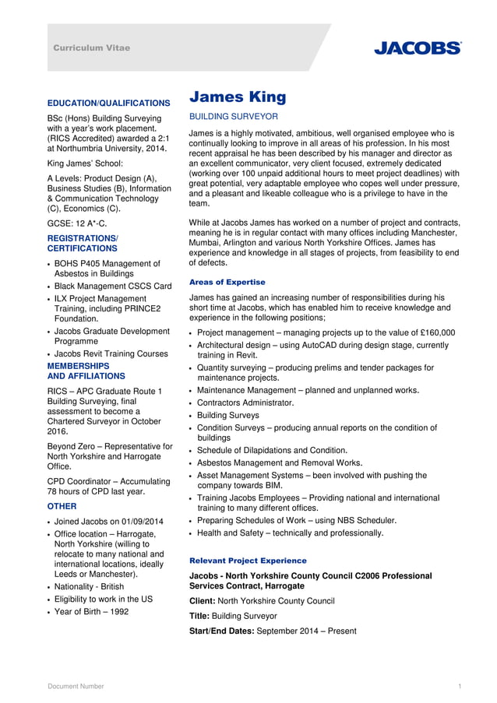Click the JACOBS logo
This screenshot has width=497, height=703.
[417, 48]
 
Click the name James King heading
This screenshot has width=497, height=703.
[238, 97]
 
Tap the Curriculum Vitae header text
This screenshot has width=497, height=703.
[92, 48]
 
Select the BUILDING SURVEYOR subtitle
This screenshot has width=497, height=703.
[234, 117]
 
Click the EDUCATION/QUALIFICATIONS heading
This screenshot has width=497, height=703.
[109, 103]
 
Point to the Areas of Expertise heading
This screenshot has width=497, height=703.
[227, 282]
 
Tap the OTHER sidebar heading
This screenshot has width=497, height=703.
[62, 506]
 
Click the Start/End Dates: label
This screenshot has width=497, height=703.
[221, 631]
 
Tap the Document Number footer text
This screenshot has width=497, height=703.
[76, 686]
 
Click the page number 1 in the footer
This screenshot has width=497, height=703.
[460, 686]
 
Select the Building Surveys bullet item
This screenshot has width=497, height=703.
[228, 415]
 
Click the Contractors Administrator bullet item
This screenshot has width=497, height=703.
[245, 402]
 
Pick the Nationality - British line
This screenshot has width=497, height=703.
[89, 586]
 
